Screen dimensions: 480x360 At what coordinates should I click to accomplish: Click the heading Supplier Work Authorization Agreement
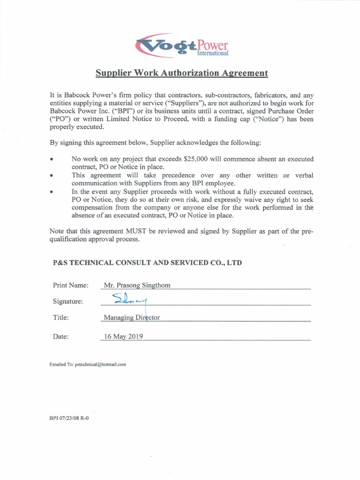tap(182, 73)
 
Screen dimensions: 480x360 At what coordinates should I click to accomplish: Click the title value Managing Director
tap(132, 317)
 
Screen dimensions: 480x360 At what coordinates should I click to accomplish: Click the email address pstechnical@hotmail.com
tap(100, 364)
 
